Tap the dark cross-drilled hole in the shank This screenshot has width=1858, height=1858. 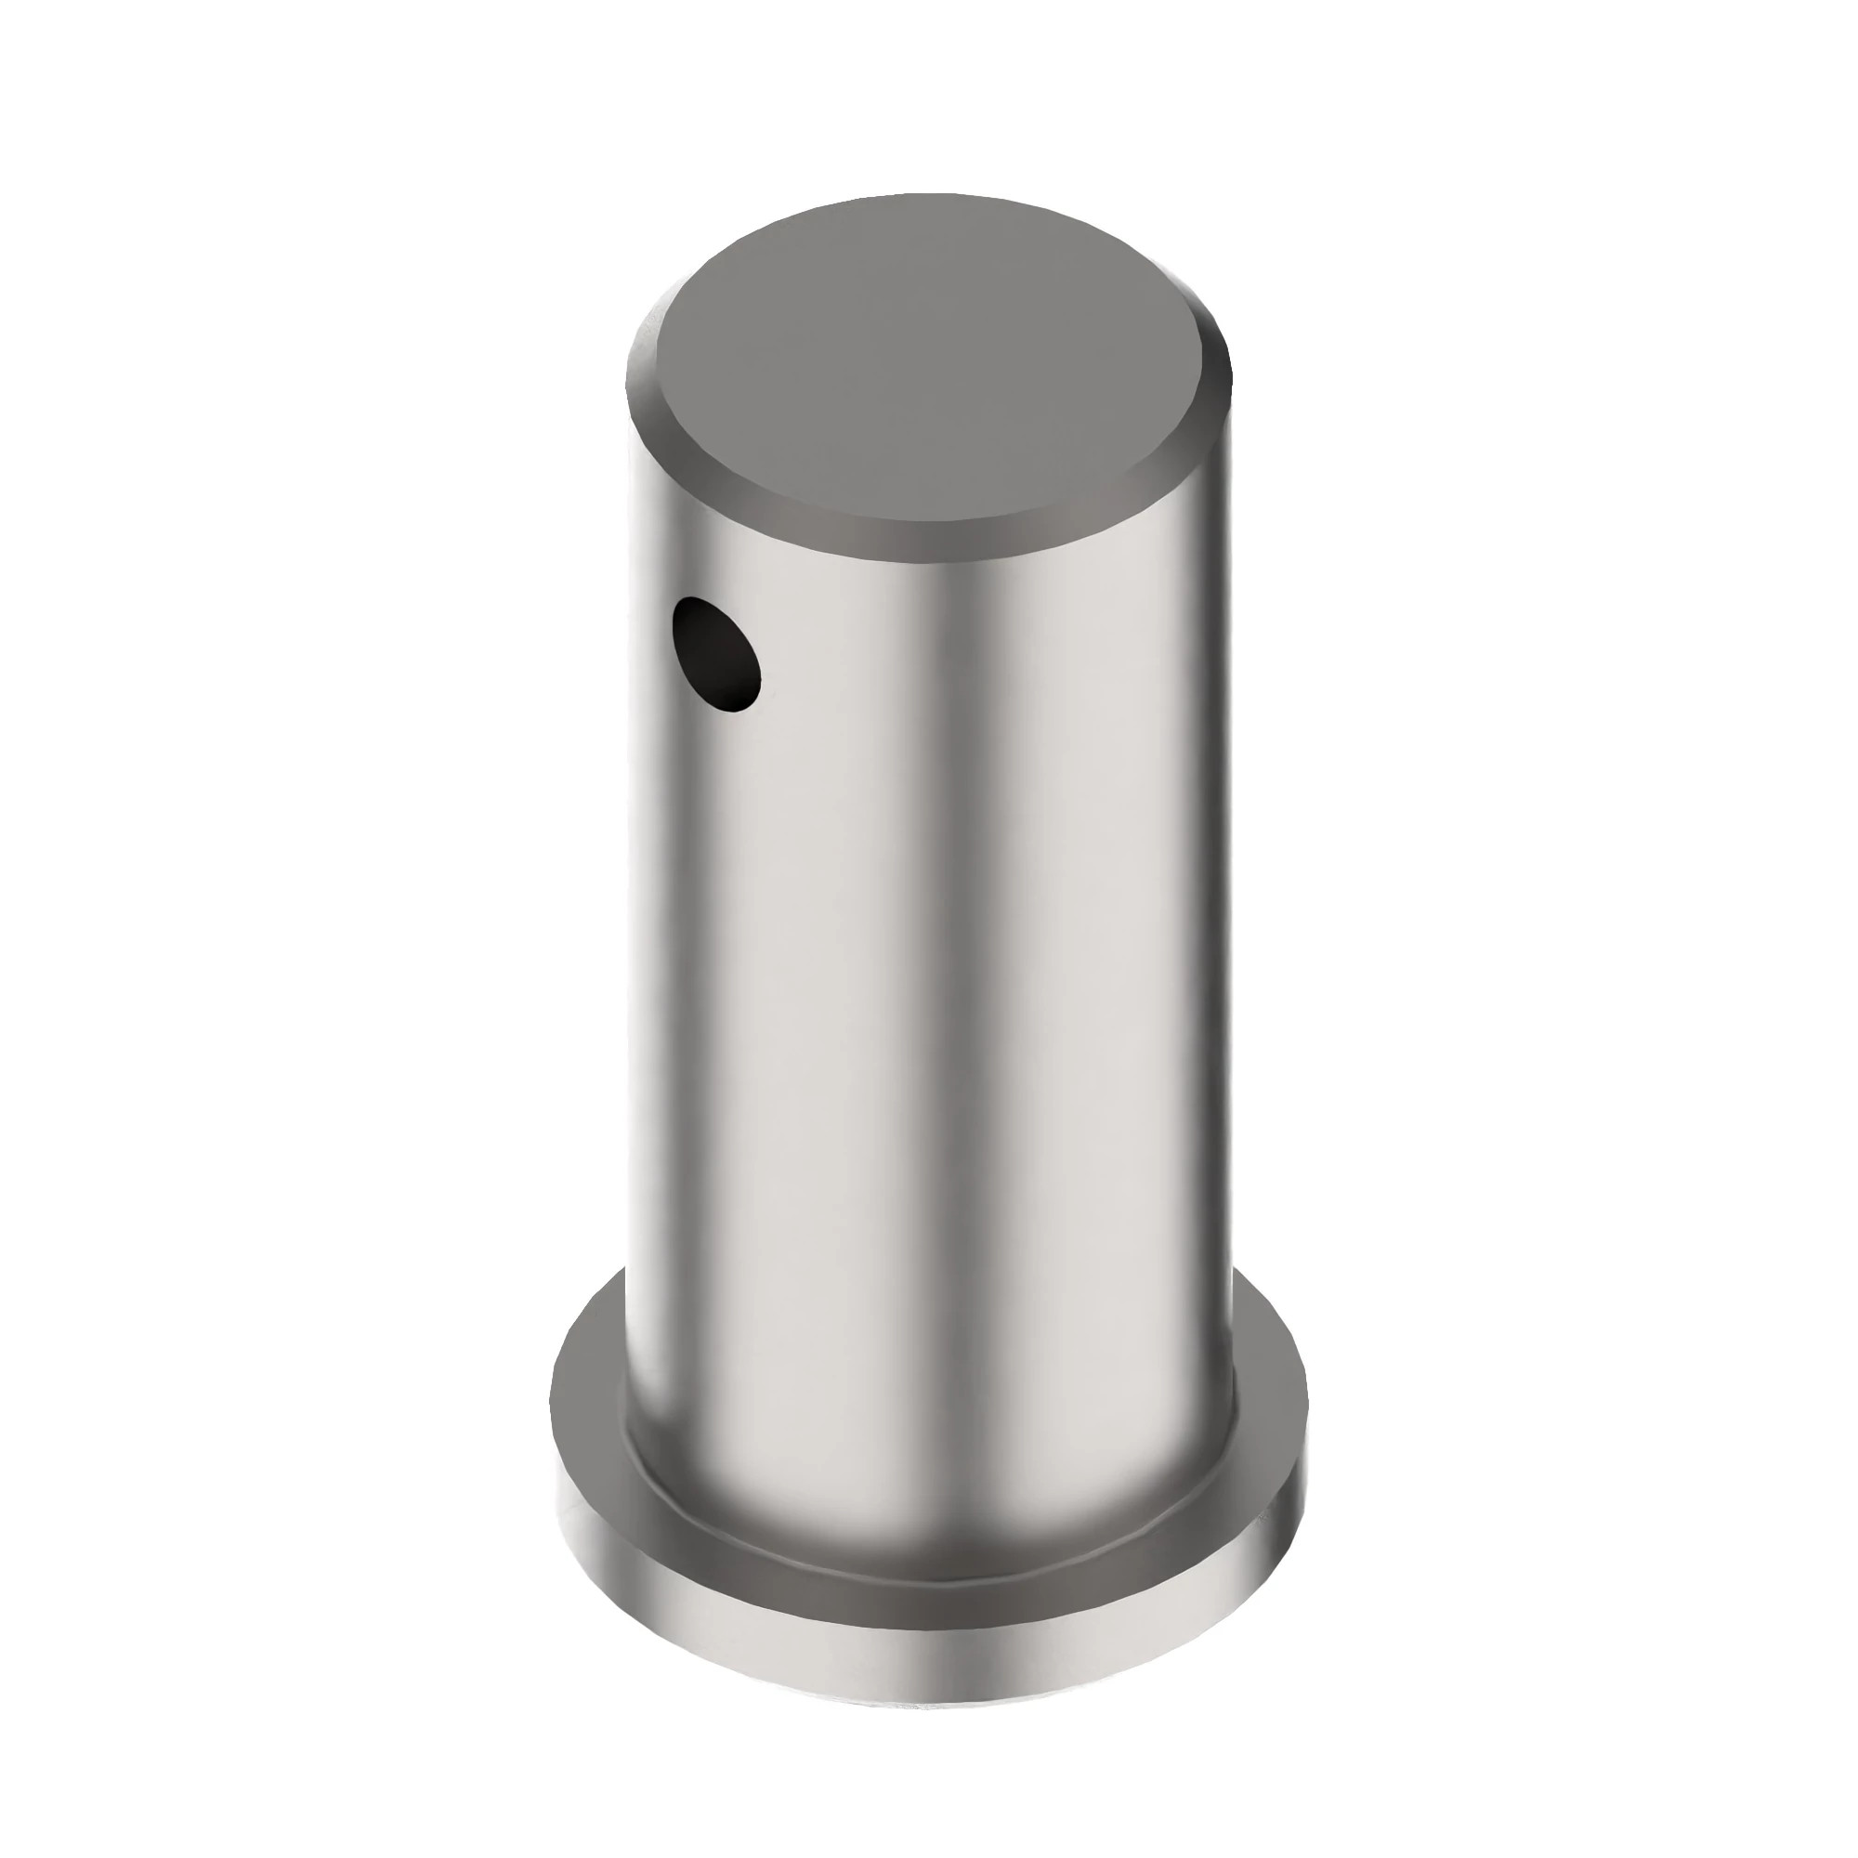716,654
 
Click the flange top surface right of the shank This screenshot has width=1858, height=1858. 1269,1423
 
